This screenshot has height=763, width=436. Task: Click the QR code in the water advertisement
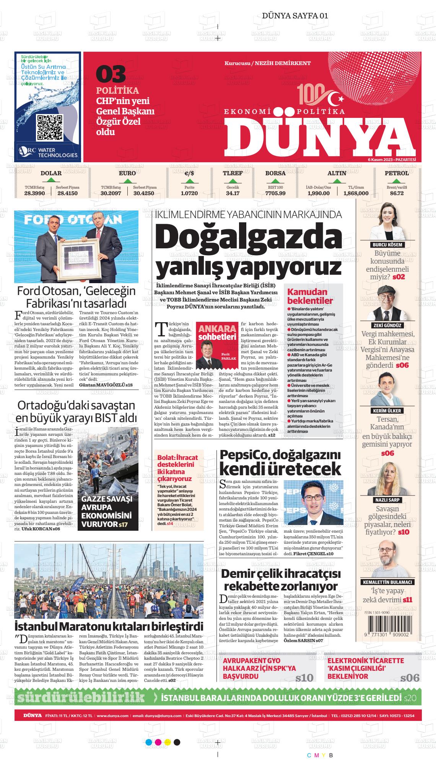coord(50,127)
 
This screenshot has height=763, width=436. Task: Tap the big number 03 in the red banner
coord(111,74)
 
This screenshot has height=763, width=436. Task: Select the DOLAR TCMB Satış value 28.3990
coord(34,193)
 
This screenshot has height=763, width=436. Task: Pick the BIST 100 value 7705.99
coord(275,193)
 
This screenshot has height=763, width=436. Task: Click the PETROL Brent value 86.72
coord(397,193)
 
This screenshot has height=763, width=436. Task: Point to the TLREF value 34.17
coord(233,193)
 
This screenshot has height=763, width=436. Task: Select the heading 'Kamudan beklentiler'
coord(310,297)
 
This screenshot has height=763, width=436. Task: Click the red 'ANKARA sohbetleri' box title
coord(217,333)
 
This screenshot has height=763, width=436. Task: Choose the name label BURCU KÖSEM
coord(388,245)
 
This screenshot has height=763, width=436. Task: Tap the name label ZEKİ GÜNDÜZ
coord(388,325)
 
